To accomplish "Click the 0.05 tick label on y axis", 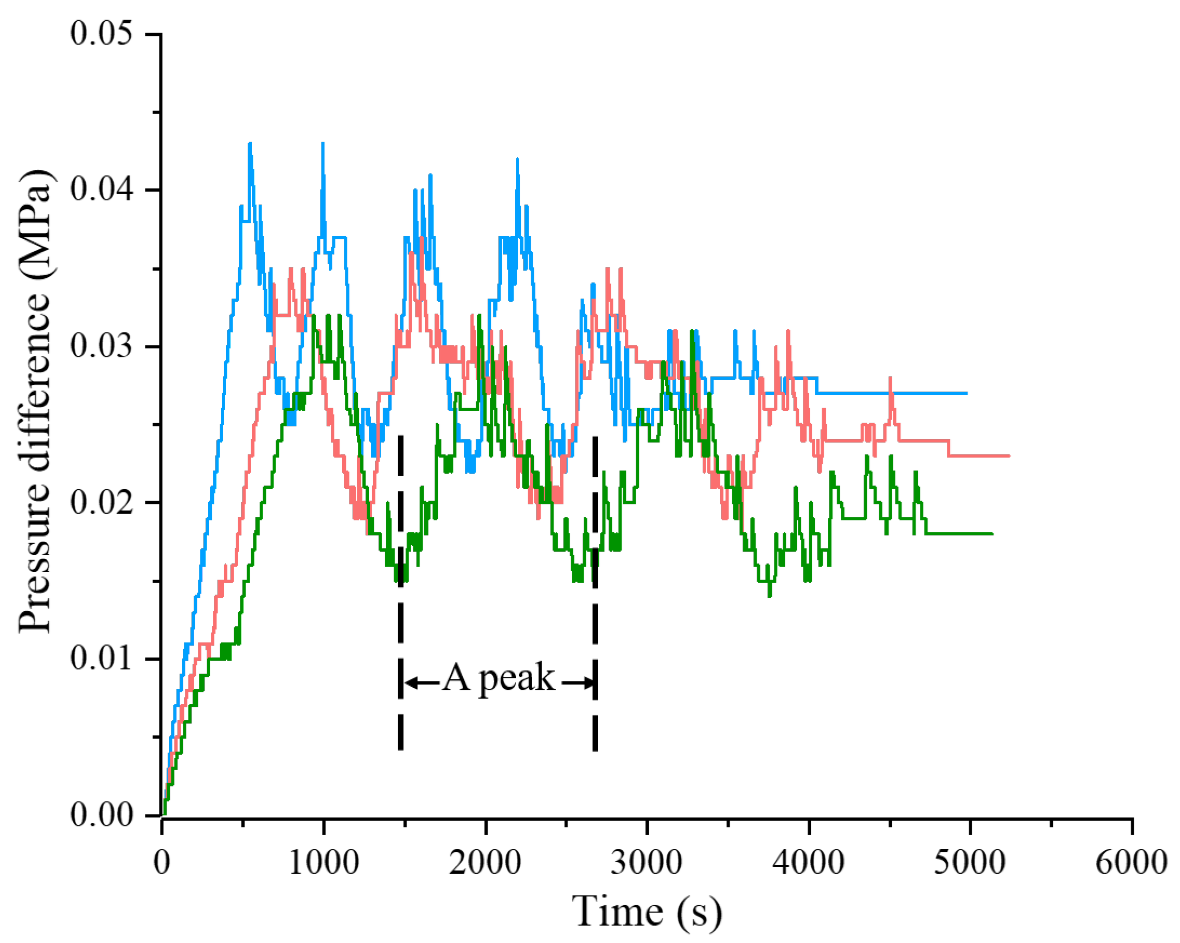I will click(101, 33).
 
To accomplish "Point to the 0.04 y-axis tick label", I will click(101, 190).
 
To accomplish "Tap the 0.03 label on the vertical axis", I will click(101, 346).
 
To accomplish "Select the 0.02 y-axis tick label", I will click(101, 502).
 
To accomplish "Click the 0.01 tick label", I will click(101, 658).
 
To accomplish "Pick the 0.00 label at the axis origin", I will click(101, 815).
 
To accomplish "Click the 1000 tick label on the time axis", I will click(323, 863).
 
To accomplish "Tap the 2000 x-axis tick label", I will click(485, 863).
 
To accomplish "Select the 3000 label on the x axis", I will click(646, 863).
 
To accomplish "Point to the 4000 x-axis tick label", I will click(808, 863).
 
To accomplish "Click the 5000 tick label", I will click(969, 863).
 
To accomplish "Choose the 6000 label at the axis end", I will click(1131, 863).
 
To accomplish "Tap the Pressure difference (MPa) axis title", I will click(35, 402).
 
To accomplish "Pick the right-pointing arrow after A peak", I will click(578, 682).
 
